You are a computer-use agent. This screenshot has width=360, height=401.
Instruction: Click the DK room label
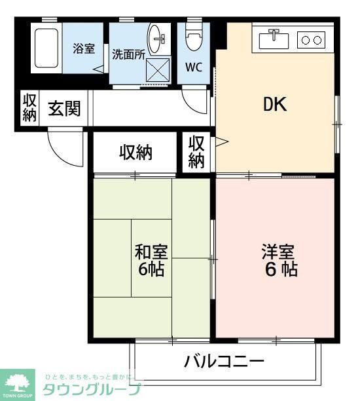click(275, 105)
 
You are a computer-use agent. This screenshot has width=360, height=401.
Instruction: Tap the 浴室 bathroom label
click(84, 48)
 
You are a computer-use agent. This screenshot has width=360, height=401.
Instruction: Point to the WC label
click(193, 67)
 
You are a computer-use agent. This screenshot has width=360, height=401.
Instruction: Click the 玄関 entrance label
click(63, 108)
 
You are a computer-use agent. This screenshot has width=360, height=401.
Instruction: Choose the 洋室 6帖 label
click(279, 260)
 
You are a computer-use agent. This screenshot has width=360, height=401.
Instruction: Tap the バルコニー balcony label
click(224, 361)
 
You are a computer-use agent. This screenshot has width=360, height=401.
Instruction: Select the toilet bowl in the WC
click(193, 39)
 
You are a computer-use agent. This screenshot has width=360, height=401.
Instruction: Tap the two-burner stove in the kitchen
click(311, 40)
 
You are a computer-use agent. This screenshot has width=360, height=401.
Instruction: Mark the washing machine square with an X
click(157, 70)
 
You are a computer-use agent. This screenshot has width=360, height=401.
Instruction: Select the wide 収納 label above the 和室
click(135, 153)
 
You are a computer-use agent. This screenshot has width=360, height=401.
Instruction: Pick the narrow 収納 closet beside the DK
click(196, 152)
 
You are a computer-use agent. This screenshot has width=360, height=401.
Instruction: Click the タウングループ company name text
click(92, 390)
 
